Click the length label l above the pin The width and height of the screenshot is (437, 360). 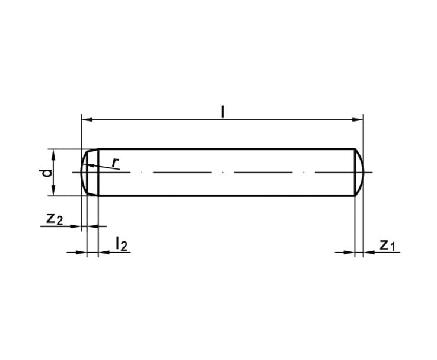pos(222,112)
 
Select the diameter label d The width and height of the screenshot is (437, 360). pos(47,173)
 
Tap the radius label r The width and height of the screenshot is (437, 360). pos(116,163)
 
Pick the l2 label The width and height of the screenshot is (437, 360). pos(122,244)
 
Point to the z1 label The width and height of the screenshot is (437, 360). pos(387,245)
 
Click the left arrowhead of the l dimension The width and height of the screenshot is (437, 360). pos(87,120)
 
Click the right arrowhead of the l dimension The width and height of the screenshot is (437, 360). pos(358,120)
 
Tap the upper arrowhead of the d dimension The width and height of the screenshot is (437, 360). pos(54,154)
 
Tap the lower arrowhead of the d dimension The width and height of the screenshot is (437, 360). pos(54,190)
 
